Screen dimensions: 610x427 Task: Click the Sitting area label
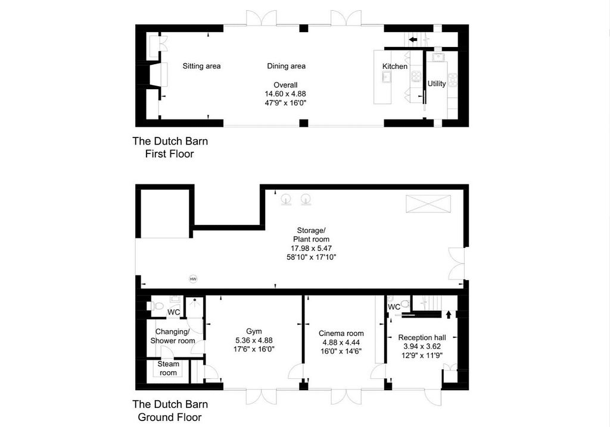(x=201, y=66)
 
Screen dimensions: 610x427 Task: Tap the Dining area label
(x=286, y=66)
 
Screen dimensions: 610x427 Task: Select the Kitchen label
(x=394, y=67)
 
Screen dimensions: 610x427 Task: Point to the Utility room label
(x=437, y=83)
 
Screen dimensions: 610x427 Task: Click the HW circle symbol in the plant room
(x=193, y=279)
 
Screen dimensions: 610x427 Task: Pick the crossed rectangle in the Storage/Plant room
(x=428, y=204)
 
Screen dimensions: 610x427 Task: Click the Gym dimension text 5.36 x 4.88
(x=254, y=340)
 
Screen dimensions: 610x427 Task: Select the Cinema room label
(x=341, y=334)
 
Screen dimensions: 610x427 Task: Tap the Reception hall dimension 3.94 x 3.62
(x=422, y=346)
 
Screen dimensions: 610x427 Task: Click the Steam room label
(x=168, y=368)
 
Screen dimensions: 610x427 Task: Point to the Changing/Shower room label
(x=173, y=336)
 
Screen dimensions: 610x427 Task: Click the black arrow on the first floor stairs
(x=413, y=39)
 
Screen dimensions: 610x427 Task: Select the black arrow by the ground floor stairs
(x=449, y=315)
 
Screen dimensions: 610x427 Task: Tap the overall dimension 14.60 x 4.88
(x=285, y=94)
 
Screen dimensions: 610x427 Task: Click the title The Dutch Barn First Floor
(x=170, y=147)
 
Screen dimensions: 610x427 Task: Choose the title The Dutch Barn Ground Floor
(x=170, y=411)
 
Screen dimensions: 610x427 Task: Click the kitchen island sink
(x=387, y=78)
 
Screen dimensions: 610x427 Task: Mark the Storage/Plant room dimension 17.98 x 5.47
(x=311, y=248)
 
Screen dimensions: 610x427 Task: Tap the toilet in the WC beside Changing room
(x=157, y=306)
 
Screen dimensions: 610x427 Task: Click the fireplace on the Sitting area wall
(x=158, y=74)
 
